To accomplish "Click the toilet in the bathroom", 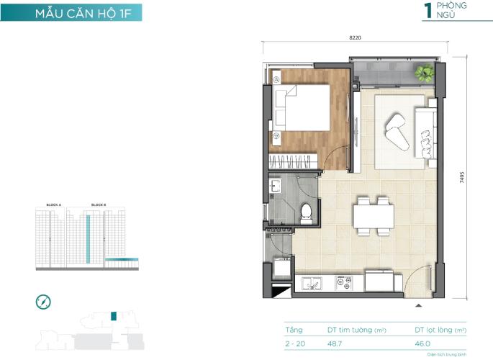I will click(306, 211).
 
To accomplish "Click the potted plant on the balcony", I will click(424, 73).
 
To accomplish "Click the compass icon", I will click(43, 302).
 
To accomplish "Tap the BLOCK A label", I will click(54, 204).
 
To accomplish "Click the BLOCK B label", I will click(98, 204).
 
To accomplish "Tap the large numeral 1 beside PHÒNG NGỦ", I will click(428, 10).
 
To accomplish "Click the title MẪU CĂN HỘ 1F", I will click(71, 12).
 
